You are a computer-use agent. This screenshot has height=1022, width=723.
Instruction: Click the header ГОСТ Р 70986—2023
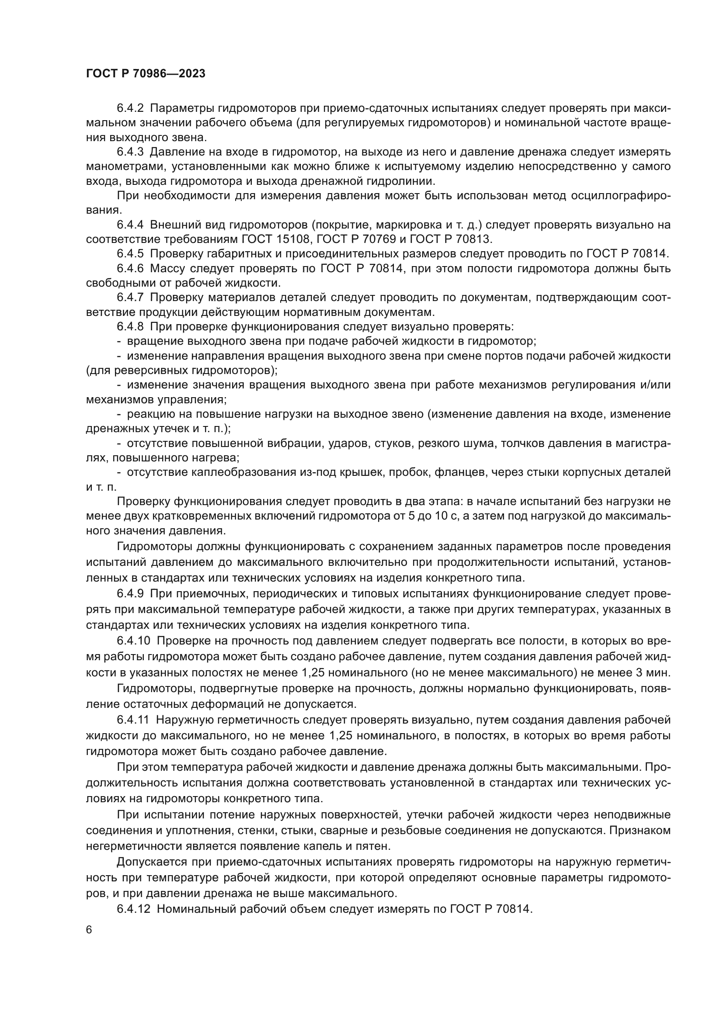click(x=146, y=74)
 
